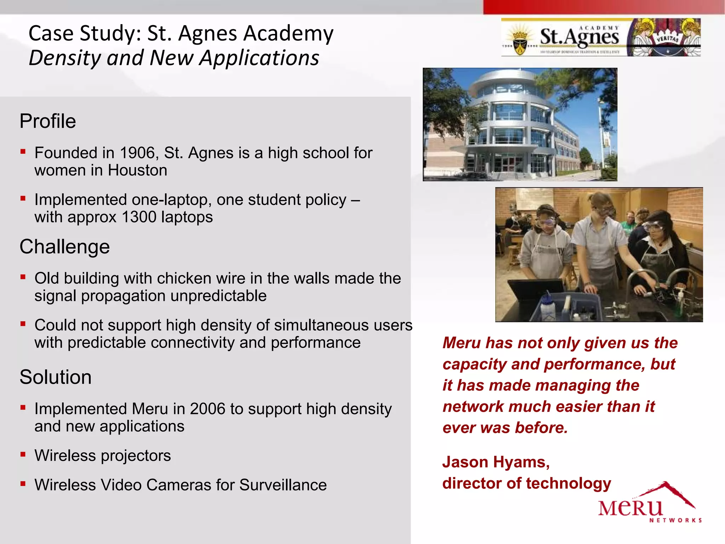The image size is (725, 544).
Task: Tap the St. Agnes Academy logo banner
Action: pyautogui.click(x=601, y=38)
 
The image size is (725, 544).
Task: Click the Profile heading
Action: pyautogui.click(x=48, y=121)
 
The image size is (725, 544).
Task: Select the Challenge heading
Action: pyautogui.click(x=65, y=246)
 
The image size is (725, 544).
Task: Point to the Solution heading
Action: pyautogui.click(x=56, y=377)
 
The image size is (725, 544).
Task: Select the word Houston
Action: pyautogui.click(x=137, y=170)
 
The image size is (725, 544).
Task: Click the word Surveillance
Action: pyautogui.click(x=283, y=485)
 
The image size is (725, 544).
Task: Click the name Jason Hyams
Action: pyautogui.click(x=496, y=462)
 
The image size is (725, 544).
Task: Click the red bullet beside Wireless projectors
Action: pyautogui.click(x=23, y=454)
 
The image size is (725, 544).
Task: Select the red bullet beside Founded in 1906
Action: pyautogui.click(x=23, y=152)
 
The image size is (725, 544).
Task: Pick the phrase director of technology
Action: pyautogui.click(x=526, y=483)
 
